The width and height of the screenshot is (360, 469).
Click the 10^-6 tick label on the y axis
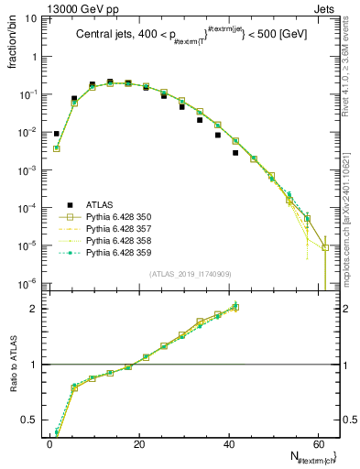27,283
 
